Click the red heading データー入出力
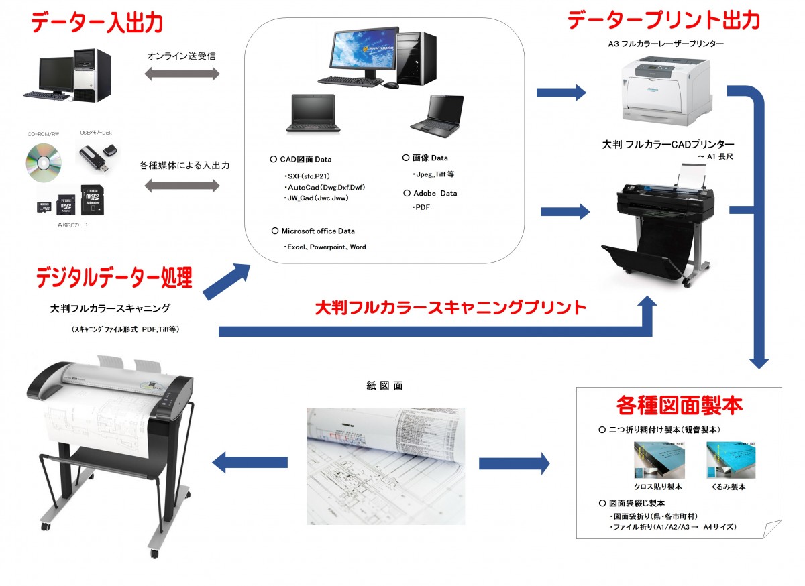click(x=97, y=23)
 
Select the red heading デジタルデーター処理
click(x=114, y=277)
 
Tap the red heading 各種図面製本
click(x=679, y=406)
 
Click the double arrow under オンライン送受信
click(x=182, y=74)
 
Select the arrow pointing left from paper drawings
click(x=250, y=461)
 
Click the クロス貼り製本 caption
click(x=657, y=487)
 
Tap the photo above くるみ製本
click(x=730, y=459)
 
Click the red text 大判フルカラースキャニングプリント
click(x=451, y=308)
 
